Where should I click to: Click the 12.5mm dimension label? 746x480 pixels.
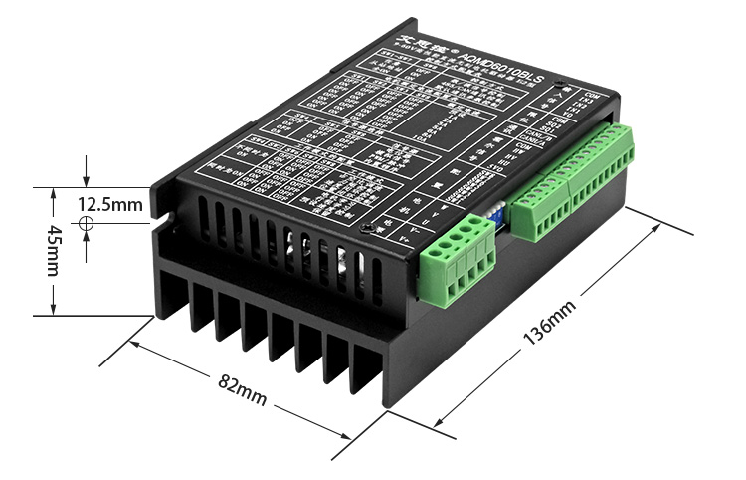pos(111,205)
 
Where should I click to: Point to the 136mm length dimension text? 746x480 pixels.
pos(548,324)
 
